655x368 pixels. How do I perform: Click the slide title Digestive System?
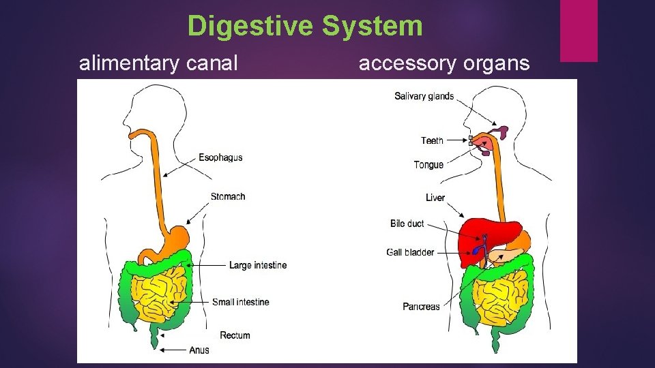click(x=305, y=27)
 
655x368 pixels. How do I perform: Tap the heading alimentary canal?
click(x=158, y=63)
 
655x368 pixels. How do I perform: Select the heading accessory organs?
click(x=443, y=63)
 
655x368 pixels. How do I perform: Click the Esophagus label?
click(x=220, y=157)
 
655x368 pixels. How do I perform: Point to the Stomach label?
click(x=228, y=196)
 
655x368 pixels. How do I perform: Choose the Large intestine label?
click(x=258, y=265)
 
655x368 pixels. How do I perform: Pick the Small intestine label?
click(x=240, y=302)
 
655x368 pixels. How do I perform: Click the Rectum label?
click(x=235, y=335)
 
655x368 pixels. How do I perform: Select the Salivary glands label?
click(x=424, y=96)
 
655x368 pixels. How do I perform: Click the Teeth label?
click(x=432, y=140)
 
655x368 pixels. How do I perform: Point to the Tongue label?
click(x=428, y=165)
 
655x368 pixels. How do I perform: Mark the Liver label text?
click(x=435, y=198)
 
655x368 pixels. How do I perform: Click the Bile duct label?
click(x=407, y=224)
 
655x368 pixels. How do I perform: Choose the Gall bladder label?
click(x=410, y=252)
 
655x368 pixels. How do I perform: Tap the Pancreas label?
click(x=421, y=307)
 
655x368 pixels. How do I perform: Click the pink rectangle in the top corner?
click(x=579, y=31)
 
